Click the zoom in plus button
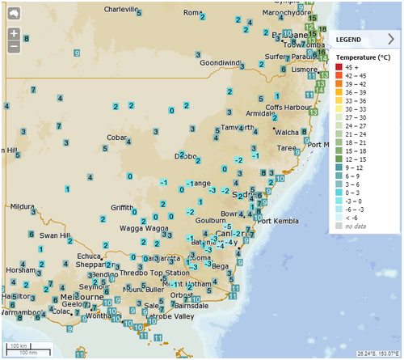pos(14,34)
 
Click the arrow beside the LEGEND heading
pos(391,38)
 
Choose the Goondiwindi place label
pos(221,62)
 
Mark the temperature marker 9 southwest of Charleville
pos(76,52)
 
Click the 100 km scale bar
pos(21,345)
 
